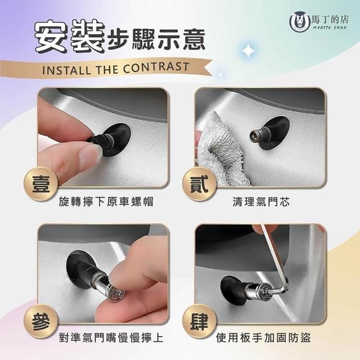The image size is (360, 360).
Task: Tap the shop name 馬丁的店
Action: click(x=330, y=19)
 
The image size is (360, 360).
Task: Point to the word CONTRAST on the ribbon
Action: click(x=156, y=67)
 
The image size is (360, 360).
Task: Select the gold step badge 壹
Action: click(x=41, y=184)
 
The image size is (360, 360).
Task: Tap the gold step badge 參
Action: click(x=41, y=321)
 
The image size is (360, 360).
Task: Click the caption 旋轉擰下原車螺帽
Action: click(x=106, y=202)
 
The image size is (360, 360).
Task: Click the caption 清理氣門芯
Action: click(x=261, y=202)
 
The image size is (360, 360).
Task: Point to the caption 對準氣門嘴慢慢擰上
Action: click(x=111, y=337)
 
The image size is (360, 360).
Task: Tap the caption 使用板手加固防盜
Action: click(x=263, y=337)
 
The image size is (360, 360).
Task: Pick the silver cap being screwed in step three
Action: click(x=116, y=293)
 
